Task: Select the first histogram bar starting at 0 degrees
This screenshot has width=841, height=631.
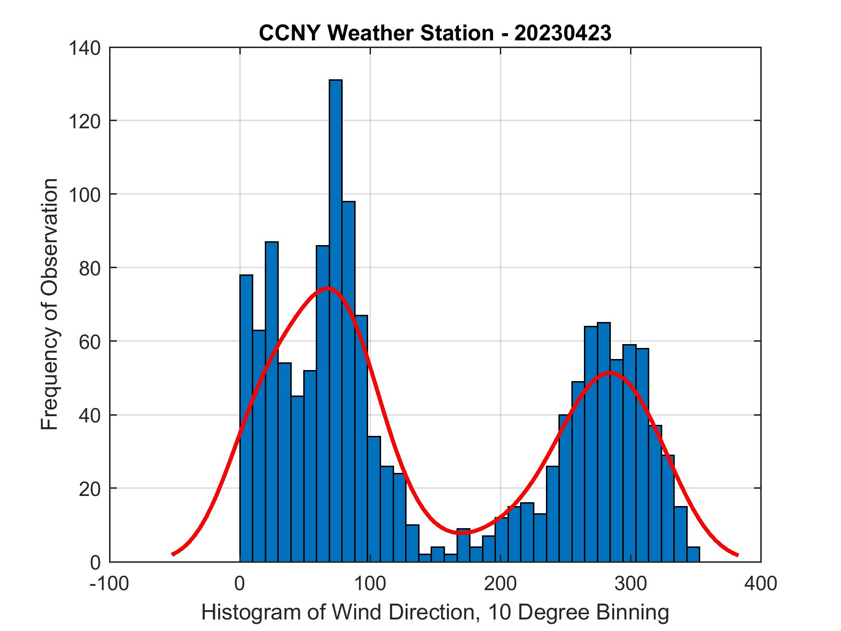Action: [x=246, y=418]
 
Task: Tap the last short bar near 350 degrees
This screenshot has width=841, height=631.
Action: [x=693, y=554]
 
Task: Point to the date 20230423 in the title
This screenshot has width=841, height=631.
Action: [x=562, y=33]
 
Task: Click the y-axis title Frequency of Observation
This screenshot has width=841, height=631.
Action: [x=49, y=304]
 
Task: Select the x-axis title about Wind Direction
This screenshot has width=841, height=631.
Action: [x=435, y=613]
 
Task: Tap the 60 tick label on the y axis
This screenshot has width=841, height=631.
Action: [x=90, y=341]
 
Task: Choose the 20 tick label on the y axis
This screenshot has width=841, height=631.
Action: [x=90, y=488]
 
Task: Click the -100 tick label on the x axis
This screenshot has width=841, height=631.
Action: [x=110, y=583]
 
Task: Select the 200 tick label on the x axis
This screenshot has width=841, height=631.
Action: [x=500, y=583]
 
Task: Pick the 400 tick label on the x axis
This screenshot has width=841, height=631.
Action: [x=761, y=583]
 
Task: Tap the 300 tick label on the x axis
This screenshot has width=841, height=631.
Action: [x=631, y=583]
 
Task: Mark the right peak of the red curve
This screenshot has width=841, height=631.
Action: [x=610, y=372]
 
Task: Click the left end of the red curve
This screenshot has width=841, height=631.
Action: [x=173, y=554]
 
